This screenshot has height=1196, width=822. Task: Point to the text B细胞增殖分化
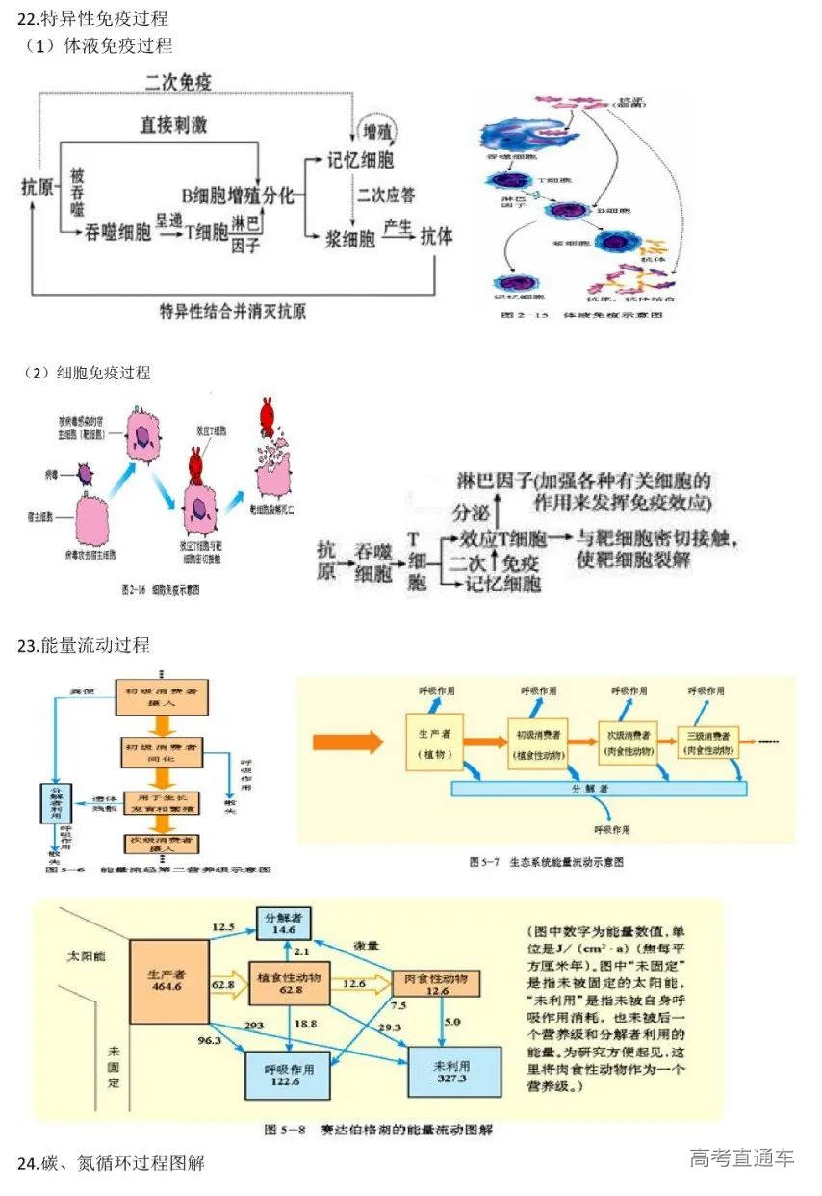tap(238, 195)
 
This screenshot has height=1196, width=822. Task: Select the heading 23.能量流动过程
tap(83, 645)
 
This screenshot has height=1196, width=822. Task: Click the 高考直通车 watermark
tap(741, 1157)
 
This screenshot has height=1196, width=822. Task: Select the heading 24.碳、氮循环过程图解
tap(112, 1162)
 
